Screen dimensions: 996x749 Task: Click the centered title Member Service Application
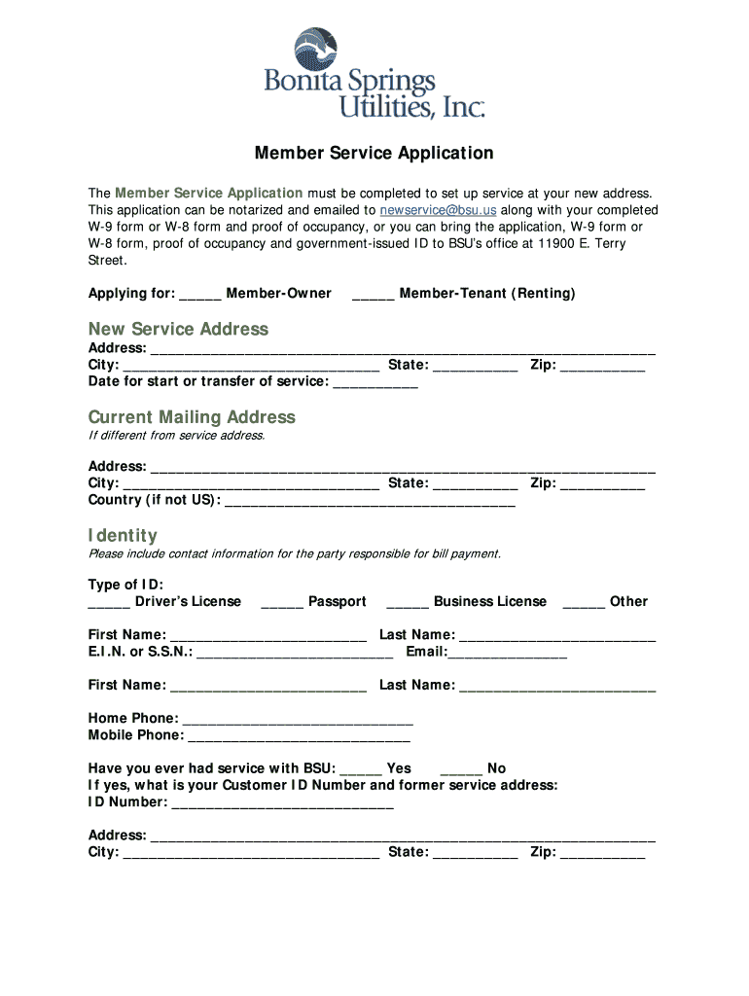pyautogui.click(x=374, y=154)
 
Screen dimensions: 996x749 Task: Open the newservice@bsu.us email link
pyautogui.click(x=438, y=210)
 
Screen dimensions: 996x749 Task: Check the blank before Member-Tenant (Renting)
pyautogui.click(x=373, y=294)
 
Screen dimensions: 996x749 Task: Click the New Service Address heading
pyautogui.click(x=178, y=329)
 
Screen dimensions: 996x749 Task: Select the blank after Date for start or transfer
pyautogui.click(x=375, y=382)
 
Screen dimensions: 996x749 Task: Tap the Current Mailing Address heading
pyautogui.click(x=192, y=417)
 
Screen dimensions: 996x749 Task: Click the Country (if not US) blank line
pyautogui.click(x=370, y=501)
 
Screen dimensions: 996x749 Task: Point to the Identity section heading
pyautogui.click(x=123, y=536)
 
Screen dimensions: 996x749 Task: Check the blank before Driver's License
pyautogui.click(x=109, y=602)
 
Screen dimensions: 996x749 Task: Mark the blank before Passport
pyautogui.click(x=282, y=602)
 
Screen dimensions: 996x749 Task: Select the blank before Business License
pyautogui.click(x=408, y=602)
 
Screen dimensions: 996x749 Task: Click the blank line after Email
pyautogui.click(x=507, y=653)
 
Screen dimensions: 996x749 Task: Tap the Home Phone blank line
pyautogui.click(x=298, y=719)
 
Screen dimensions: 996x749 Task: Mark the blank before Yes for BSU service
pyautogui.click(x=361, y=768)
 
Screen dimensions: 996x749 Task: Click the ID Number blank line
pyautogui.click(x=282, y=802)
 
